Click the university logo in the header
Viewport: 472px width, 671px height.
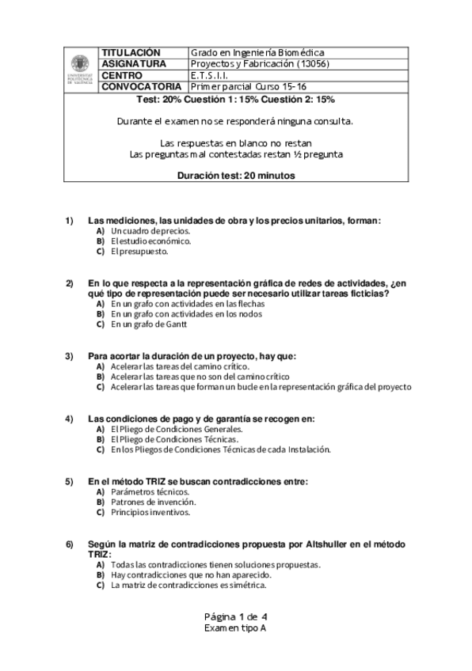pyautogui.click(x=80, y=69)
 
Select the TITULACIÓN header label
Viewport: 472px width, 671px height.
pyautogui.click(x=131, y=52)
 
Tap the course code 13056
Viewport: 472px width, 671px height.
pyautogui.click(x=311, y=64)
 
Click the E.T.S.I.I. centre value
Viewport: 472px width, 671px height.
pyautogui.click(x=210, y=75)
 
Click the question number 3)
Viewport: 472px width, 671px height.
pyautogui.click(x=70, y=356)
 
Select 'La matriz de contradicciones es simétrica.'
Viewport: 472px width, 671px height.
pyautogui.click(x=188, y=586)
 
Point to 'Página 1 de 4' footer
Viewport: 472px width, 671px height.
pyautogui.click(x=235, y=616)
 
